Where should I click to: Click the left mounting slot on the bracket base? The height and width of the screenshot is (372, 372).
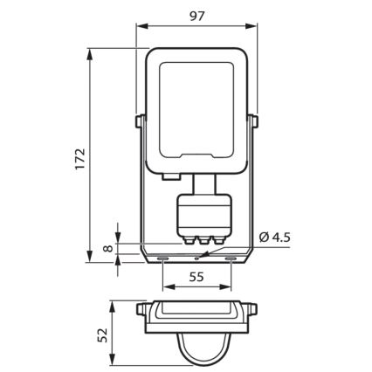pos(163,258)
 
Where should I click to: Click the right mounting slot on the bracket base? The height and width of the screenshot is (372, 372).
pos(229,258)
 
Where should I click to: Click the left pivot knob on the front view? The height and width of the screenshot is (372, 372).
pos(139,121)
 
